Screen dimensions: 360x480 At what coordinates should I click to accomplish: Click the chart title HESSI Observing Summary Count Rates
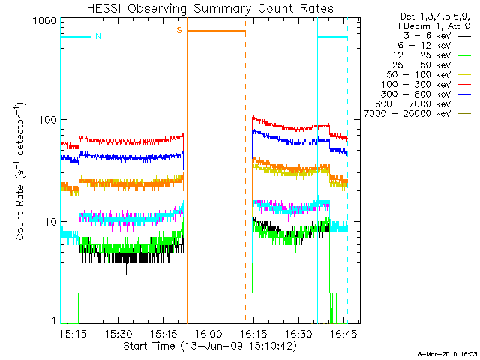coord(210,8)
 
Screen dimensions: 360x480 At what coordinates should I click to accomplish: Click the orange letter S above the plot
coord(178,30)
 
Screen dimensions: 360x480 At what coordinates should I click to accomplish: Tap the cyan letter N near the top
coord(97,36)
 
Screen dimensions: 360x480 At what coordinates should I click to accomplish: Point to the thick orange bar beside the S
coord(216,31)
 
